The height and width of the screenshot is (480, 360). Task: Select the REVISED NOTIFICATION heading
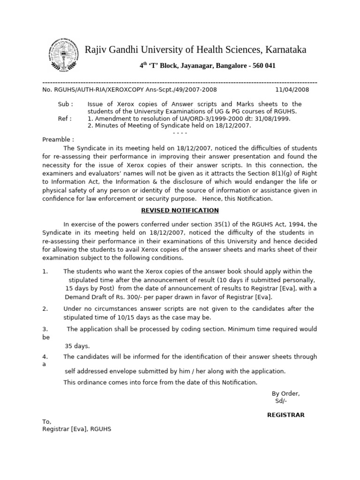(x=180, y=210)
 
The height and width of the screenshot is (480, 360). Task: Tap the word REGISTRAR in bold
(x=285, y=414)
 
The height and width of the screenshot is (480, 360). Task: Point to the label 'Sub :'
(x=65, y=104)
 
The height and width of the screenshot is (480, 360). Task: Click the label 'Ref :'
(x=65, y=119)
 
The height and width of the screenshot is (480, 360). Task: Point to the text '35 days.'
(x=77, y=346)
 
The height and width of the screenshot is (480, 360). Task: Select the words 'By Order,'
(x=285, y=393)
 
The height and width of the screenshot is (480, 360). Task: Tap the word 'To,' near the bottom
(x=47, y=421)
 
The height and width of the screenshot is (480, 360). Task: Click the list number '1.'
(x=45, y=271)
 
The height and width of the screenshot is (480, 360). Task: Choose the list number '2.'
(x=45, y=308)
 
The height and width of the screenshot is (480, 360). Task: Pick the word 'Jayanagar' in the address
(x=196, y=66)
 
